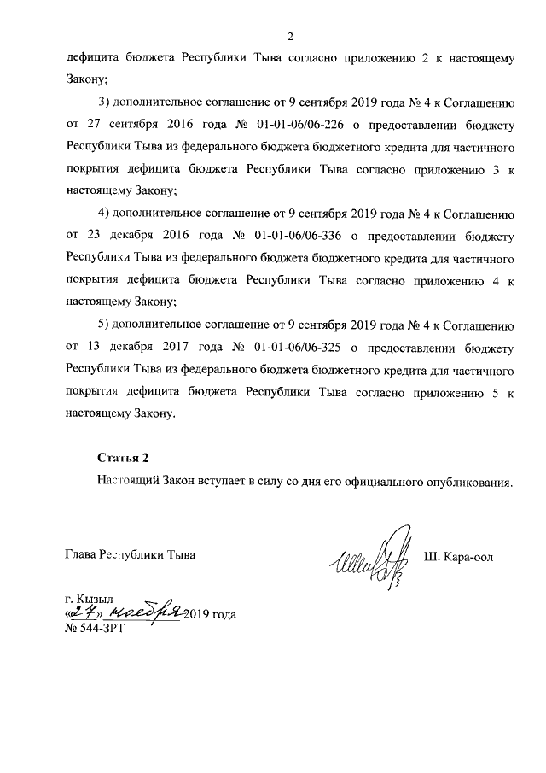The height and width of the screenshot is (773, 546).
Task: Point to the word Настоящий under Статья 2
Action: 127,481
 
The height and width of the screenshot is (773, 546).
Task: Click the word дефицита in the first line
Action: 92,59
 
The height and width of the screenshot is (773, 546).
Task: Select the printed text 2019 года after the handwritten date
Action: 210,614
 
